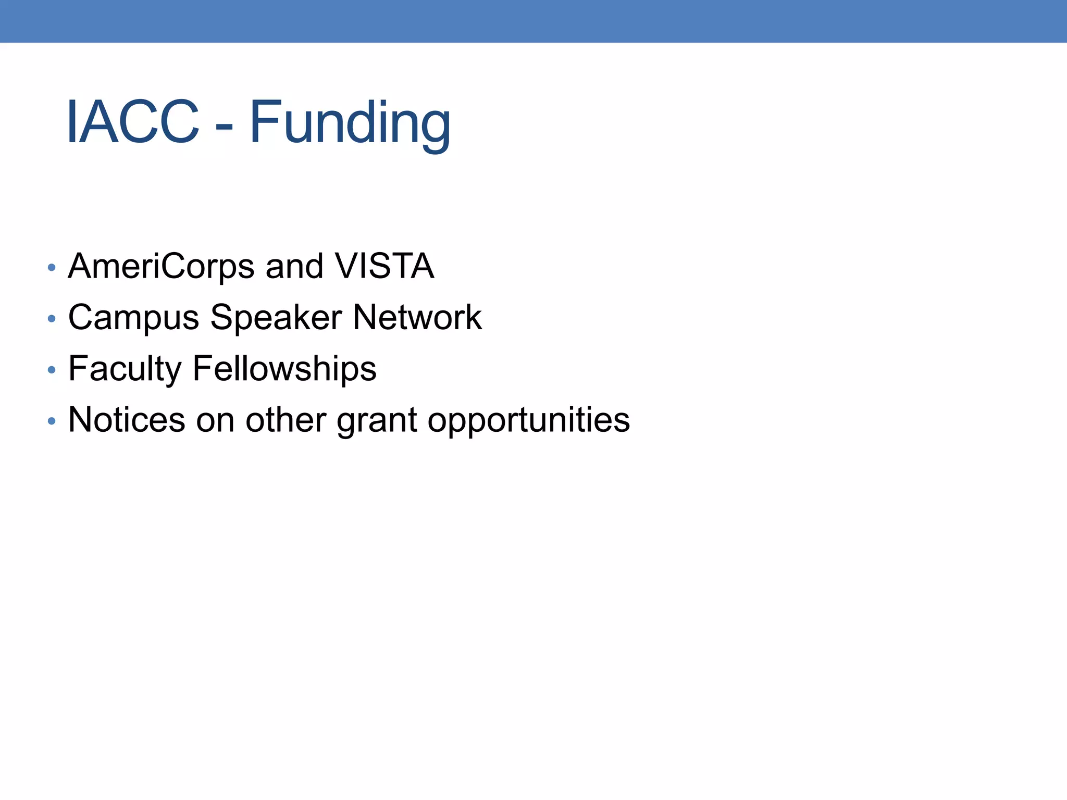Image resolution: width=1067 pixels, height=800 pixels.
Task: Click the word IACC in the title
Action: coord(133,123)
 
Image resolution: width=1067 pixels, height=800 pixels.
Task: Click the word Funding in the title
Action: coord(350,123)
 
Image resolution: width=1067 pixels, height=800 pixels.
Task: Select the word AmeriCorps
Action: coord(162,267)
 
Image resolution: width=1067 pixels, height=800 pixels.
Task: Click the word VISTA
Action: coord(384,267)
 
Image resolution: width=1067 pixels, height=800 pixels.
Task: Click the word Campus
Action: coord(133,318)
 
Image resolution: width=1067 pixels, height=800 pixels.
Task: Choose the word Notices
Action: coord(127,419)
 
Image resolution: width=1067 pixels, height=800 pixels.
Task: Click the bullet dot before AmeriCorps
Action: coord(51,268)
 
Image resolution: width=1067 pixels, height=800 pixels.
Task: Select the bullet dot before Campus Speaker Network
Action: coord(51,319)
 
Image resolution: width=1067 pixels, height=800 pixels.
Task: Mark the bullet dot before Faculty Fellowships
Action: coord(51,370)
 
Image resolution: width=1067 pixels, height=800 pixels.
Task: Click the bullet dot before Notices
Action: coord(51,421)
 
